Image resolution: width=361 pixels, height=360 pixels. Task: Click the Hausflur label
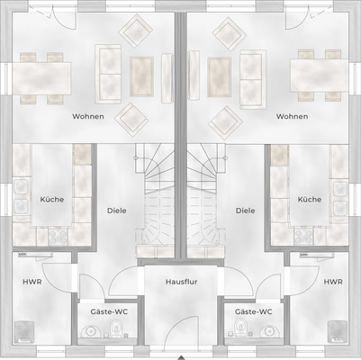(181, 282)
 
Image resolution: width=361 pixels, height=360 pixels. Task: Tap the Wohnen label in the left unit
(87, 117)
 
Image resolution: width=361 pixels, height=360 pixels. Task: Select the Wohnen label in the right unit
(292, 117)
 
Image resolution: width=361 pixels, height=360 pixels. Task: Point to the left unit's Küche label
(52, 200)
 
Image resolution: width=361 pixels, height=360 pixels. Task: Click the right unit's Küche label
(309, 200)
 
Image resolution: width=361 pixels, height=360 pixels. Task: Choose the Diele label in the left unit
(116, 211)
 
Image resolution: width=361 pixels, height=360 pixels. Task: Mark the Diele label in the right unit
(245, 211)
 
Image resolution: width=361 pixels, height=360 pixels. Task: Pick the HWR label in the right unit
(333, 282)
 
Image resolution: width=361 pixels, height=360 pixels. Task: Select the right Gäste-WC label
(253, 311)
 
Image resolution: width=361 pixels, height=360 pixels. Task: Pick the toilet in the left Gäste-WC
(88, 332)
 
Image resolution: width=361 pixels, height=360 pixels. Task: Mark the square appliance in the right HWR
(337, 331)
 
